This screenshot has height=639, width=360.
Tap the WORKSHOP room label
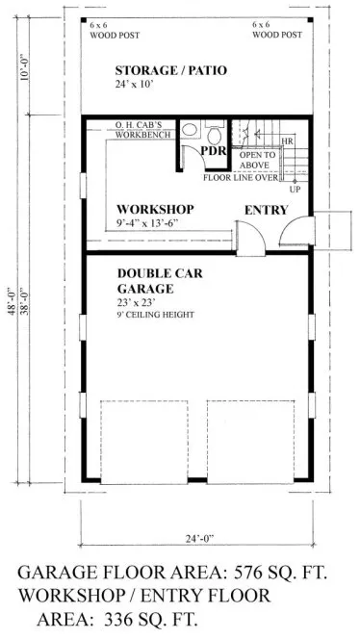[155, 209]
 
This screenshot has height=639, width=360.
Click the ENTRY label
[265, 210]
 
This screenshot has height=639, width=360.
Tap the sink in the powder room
[215, 129]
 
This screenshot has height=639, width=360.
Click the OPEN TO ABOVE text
[257, 160]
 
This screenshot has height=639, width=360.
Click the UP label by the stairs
[307, 189]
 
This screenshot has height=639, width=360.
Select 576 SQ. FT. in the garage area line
[272, 573]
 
